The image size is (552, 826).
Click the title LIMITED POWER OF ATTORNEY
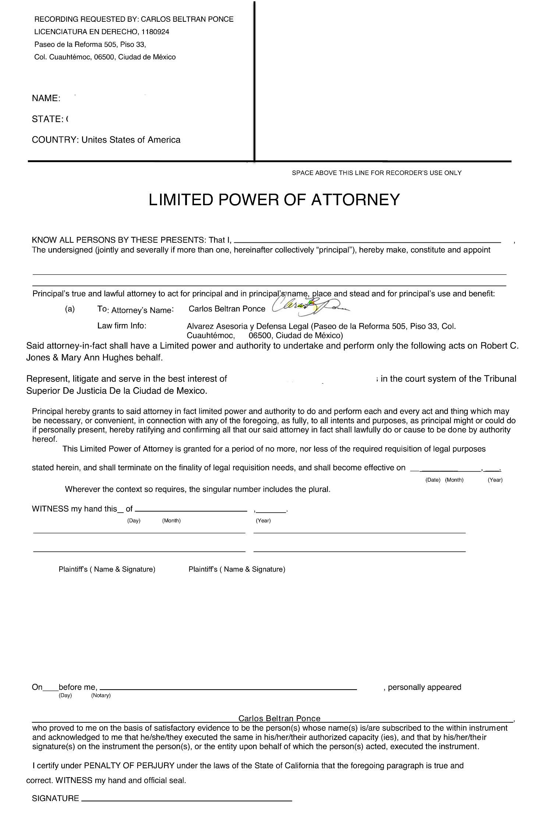(x=274, y=200)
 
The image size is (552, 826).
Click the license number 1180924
(x=155, y=32)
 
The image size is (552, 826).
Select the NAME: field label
(x=46, y=99)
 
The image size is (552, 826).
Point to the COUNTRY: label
(x=55, y=140)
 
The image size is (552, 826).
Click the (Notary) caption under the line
(x=101, y=695)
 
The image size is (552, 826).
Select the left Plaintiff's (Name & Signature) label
(x=107, y=569)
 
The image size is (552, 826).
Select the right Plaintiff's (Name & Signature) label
(x=237, y=569)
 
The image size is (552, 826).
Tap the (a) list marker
(x=70, y=309)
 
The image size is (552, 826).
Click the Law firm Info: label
(x=122, y=326)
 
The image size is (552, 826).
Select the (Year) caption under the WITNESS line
(x=263, y=520)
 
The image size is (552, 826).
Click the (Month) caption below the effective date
(x=454, y=480)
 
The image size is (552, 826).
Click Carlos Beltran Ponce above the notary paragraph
(x=279, y=719)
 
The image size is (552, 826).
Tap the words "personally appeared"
(x=424, y=687)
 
